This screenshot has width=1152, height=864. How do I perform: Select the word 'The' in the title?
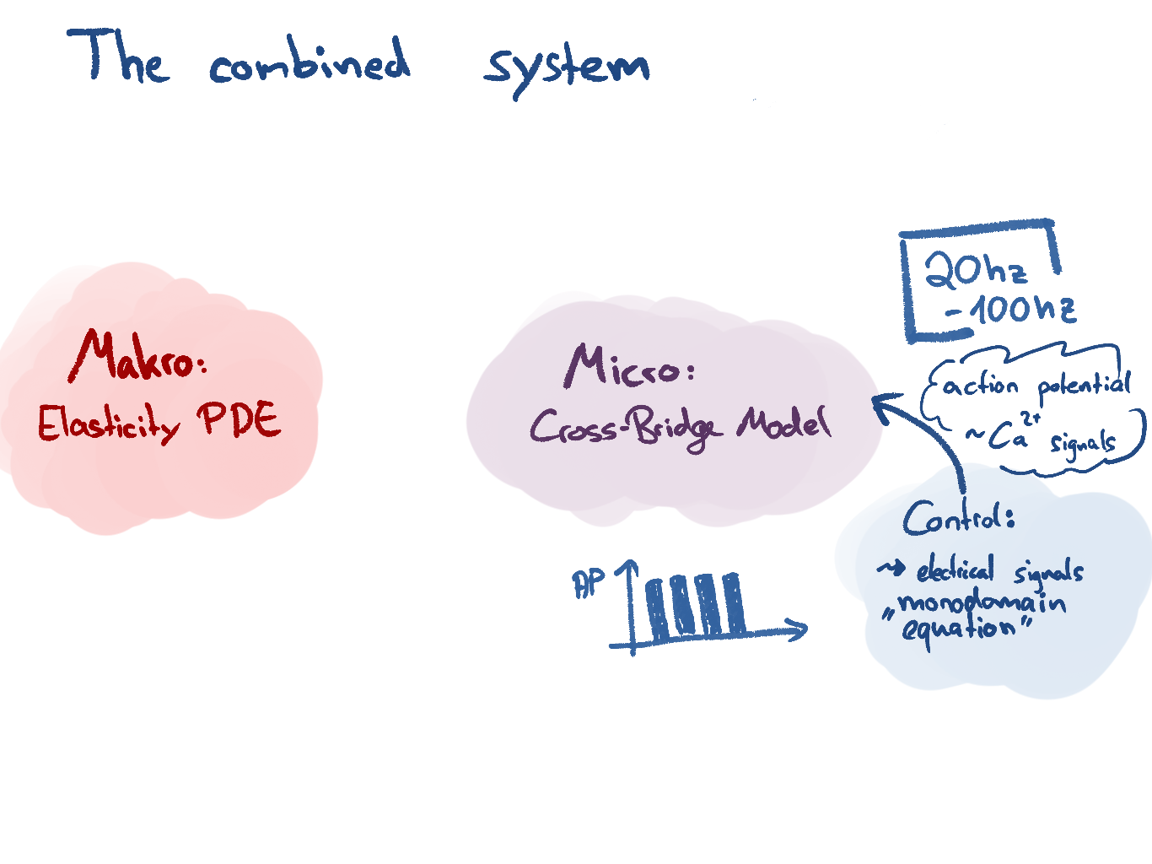[119, 57]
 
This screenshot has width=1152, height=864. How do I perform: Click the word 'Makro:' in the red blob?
[138, 358]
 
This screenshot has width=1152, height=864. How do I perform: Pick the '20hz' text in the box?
[976, 270]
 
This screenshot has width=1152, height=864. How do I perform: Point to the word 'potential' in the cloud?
[1084, 386]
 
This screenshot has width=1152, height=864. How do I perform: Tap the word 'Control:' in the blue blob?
[957, 517]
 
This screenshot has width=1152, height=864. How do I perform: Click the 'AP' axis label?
[589, 583]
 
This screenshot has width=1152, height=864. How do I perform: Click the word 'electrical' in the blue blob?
[956, 571]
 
